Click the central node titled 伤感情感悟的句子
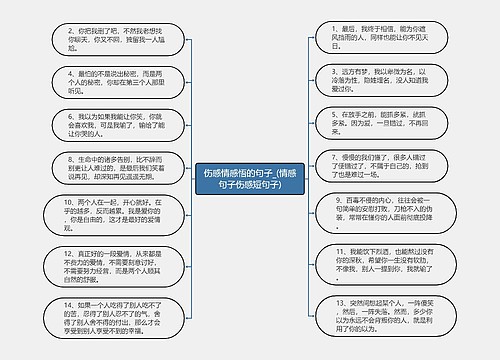pyautogui.click(x=250, y=179)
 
